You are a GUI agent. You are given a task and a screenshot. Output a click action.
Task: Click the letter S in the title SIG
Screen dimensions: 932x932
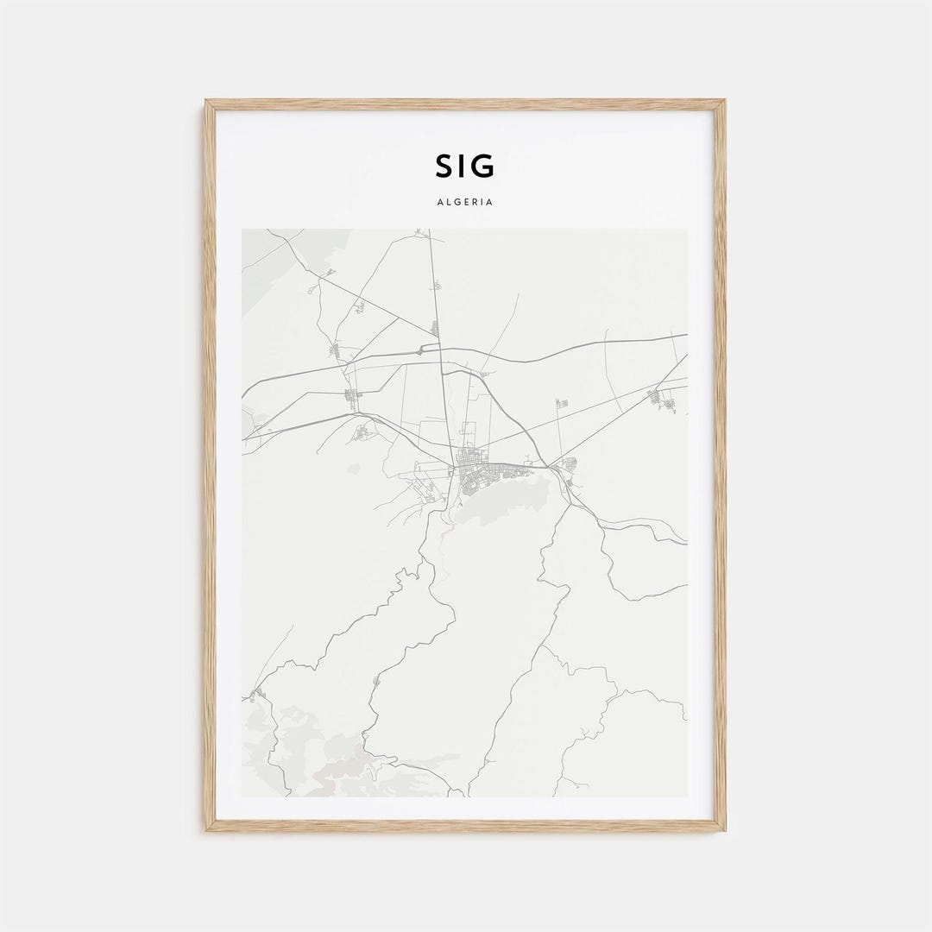point(444,166)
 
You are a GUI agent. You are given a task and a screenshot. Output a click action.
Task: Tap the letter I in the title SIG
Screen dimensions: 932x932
point(463,166)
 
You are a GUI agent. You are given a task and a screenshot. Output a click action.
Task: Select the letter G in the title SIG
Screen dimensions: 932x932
point(483,166)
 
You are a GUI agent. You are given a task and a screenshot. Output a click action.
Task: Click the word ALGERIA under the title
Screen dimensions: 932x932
point(465,202)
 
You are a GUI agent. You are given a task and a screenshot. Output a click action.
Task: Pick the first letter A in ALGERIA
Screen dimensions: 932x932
point(440,202)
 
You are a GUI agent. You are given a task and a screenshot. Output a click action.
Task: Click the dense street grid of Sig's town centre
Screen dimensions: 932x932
point(470,473)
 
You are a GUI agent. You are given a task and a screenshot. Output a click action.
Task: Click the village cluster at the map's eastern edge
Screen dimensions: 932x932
point(664,399)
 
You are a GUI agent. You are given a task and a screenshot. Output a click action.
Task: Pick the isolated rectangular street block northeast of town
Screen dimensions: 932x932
point(562,404)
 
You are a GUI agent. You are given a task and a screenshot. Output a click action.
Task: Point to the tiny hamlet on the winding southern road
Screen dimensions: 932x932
point(375,682)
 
